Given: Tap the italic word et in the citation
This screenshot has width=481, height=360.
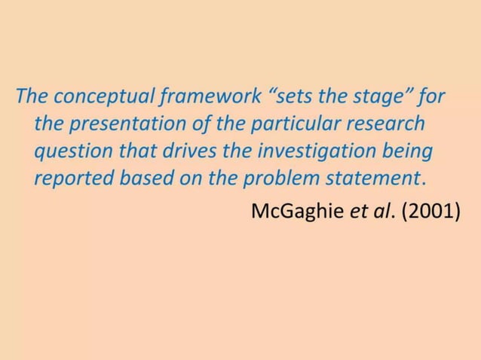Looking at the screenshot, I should coord(357,210).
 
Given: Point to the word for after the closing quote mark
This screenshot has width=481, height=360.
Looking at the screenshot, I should coord(432,97).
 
